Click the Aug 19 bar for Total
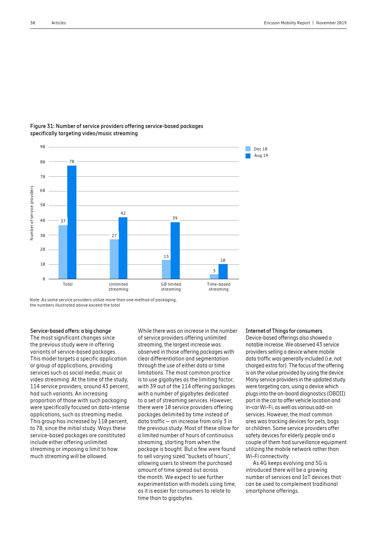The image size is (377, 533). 72,222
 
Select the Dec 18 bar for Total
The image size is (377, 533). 63,252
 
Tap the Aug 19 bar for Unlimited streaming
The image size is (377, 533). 123,248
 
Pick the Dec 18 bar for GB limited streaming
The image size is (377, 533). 166,269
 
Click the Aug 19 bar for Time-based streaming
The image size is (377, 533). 223,272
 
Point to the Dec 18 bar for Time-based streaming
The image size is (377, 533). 214,277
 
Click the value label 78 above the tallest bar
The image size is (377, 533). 72,162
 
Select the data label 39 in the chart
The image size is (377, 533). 175,218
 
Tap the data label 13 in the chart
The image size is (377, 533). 166,257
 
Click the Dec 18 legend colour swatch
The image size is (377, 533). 248,149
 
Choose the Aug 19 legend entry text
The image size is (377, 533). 261,156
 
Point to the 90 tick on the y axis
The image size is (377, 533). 43,147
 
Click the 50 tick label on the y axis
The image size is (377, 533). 43,205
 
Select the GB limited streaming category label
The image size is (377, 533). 171,287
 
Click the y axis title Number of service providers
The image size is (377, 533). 32,213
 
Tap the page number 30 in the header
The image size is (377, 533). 33,23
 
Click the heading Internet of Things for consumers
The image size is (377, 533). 284,331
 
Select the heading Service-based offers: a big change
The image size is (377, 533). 70,331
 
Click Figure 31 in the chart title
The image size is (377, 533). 42,126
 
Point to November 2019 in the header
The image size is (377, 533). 331,23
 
